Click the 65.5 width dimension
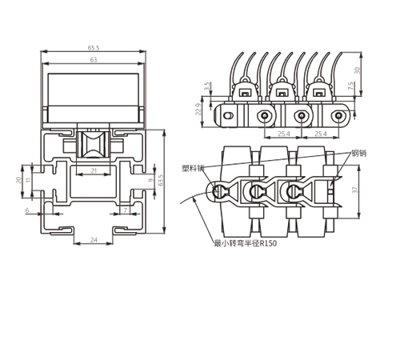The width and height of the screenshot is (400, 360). [x=94, y=48]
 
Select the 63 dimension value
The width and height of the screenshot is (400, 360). [x=94, y=60]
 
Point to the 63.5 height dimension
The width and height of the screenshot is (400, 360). [x=161, y=181]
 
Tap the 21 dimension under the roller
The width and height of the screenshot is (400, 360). [x=94, y=170]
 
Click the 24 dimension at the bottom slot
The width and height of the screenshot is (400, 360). [x=94, y=240]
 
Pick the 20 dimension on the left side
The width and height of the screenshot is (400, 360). [x=18, y=180]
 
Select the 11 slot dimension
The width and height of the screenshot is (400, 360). [x=29, y=179]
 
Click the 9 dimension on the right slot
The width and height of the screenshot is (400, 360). [x=151, y=180]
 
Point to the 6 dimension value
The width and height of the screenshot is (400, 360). [x=27, y=210]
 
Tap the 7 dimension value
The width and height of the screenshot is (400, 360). [x=126, y=210]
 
